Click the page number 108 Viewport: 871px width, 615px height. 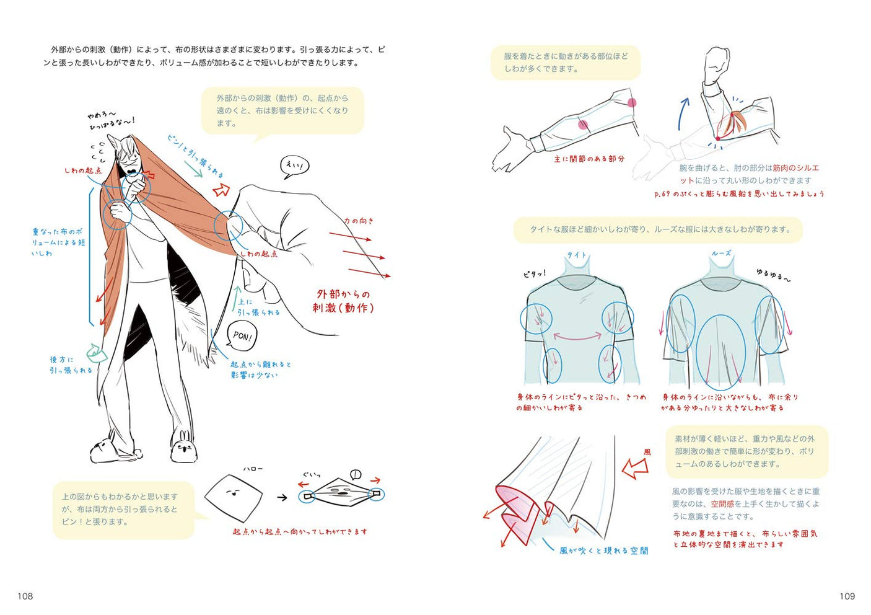click(x=25, y=596)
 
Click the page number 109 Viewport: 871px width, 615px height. click(x=847, y=596)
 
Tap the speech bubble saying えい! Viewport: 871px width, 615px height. click(x=295, y=166)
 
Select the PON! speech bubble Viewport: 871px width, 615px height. click(x=242, y=337)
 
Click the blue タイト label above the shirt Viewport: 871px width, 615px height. click(x=577, y=255)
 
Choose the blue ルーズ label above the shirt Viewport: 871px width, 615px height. click(x=721, y=253)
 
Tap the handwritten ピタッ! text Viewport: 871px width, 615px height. click(x=534, y=273)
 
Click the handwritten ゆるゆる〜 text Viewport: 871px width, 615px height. click(x=773, y=275)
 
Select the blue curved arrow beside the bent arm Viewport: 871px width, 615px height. click(x=682, y=113)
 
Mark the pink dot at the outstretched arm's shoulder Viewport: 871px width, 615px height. click(x=631, y=103)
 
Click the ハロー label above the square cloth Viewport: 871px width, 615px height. click(x=252, y=469)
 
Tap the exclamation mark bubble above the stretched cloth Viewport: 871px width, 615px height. click(x=355, y=475)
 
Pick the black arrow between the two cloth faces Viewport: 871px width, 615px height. click(x=282, y=497)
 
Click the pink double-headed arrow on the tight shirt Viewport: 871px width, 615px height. click(x=577, y=336)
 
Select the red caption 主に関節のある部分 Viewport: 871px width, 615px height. click(x=589, y=159)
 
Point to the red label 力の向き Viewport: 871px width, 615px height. click(x=359, y=221)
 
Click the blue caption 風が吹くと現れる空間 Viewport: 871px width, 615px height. click(x=603, y=550)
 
